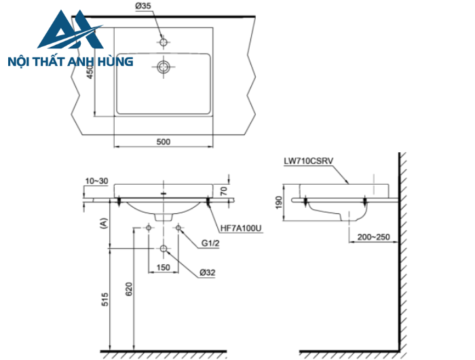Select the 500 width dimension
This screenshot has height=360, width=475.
(x=163, y=142)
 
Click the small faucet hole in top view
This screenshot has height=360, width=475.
(x=164, y=42)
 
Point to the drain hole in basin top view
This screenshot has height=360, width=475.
(x=164, y=67)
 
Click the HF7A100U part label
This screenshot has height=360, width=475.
(x=240, y=229)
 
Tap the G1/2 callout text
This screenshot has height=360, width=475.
(x=209, y=243)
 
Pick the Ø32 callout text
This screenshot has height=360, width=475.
(x=208, y=273)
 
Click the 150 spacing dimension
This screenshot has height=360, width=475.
(x=164, y=268)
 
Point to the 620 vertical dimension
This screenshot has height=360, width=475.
(x=129, y=290)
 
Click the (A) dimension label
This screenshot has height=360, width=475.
(x=103, y=222)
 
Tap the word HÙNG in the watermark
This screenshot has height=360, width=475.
(x=113, y=62)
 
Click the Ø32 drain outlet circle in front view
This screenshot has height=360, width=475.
(x=164, y=249)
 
